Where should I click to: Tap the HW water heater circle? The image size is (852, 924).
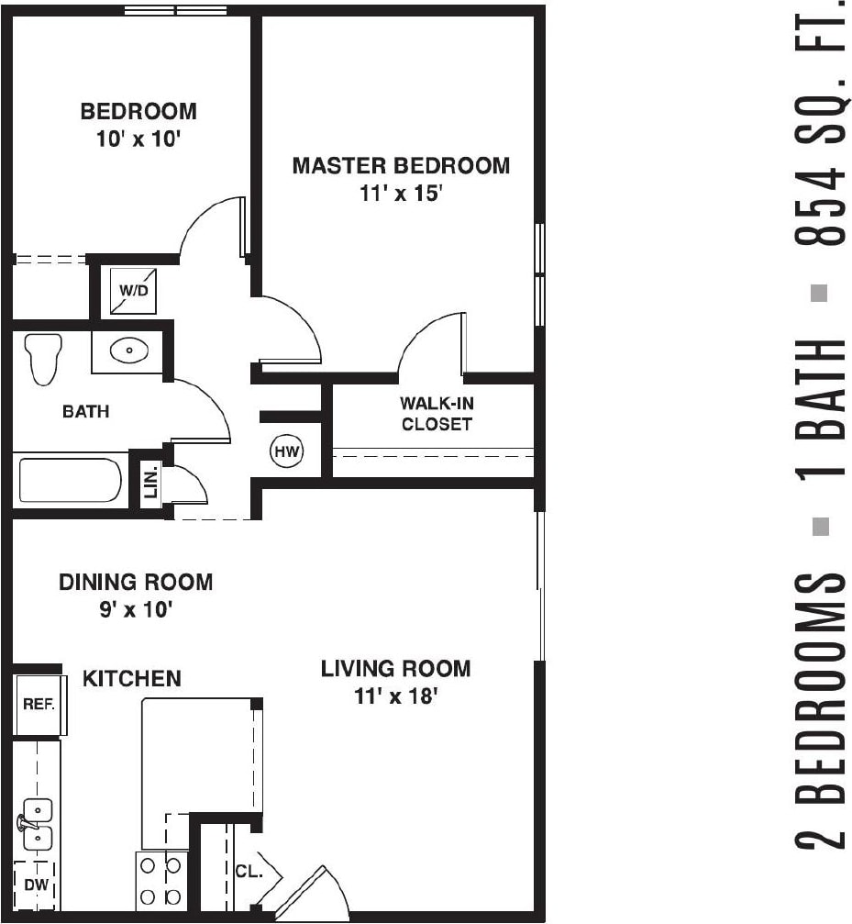[285, 451]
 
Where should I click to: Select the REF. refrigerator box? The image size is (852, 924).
[39, 705]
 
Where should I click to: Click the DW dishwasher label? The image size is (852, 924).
[35, 885]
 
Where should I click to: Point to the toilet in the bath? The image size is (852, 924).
[43, 357]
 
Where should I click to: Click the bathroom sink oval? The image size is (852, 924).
[128, 351]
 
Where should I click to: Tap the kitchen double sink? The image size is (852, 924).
[37, 824]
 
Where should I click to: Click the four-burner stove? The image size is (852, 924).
[161, 881]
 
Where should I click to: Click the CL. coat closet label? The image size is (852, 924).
[249, 872]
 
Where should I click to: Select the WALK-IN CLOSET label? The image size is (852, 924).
[437, 414]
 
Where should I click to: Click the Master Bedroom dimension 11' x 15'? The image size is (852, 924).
[400, 195]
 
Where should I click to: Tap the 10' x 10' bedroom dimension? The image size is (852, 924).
[138, 140]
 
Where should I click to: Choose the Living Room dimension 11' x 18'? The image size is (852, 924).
[395, 696]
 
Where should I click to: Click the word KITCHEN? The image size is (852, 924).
[132, 678]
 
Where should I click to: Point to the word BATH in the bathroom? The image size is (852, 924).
[85, 412]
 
